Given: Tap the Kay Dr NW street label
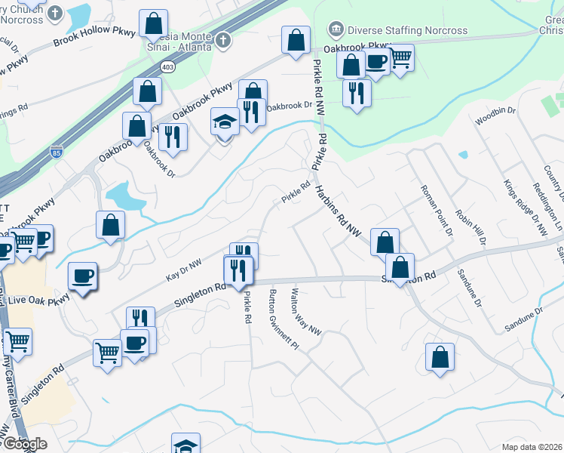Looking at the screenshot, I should [x=184, y=270].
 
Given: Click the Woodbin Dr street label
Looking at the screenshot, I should [x=495, y=116].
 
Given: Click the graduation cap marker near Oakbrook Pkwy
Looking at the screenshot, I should [x=225, y=122].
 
